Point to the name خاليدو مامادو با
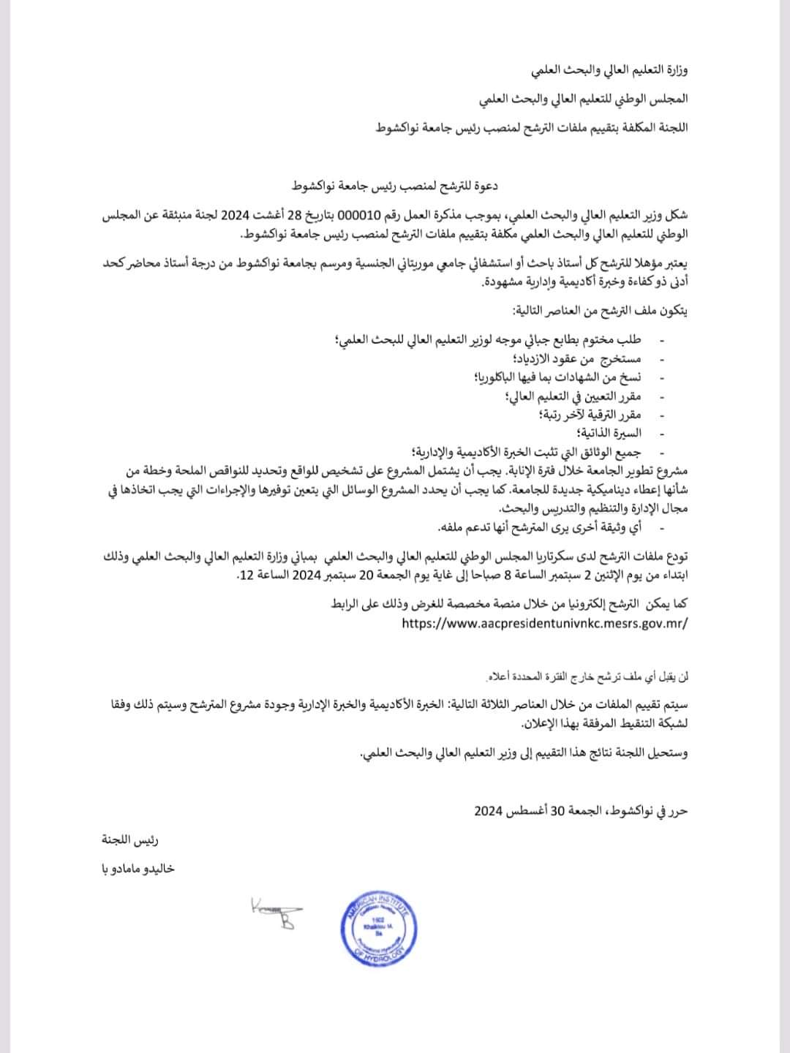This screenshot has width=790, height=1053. (x=138, y=869)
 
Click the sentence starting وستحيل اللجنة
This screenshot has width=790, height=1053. (x=524, y=752)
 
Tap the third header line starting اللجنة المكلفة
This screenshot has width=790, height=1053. (x=532, y=127)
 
